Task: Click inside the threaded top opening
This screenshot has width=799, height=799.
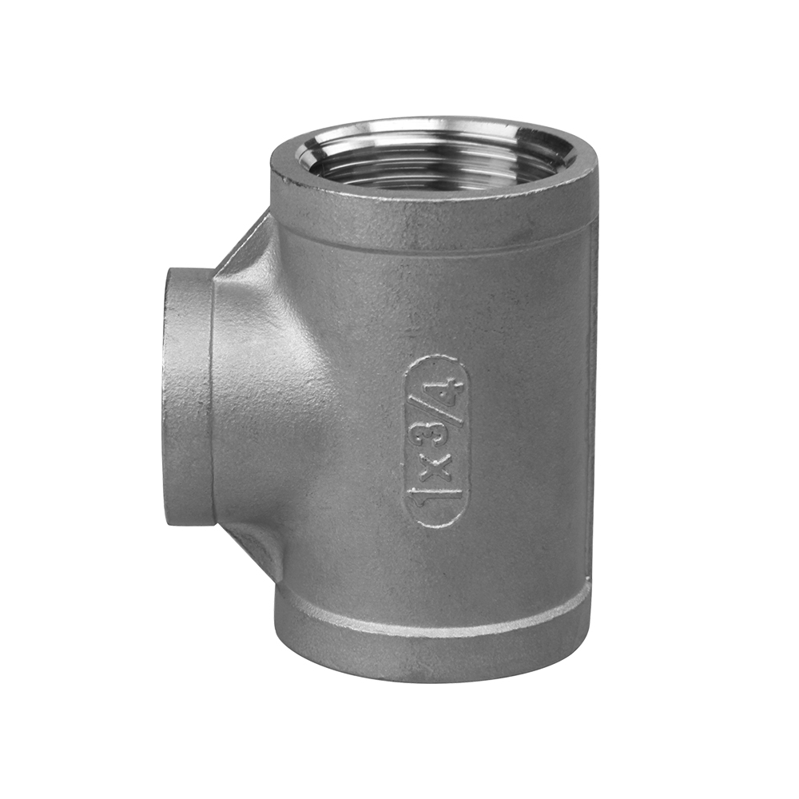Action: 433,164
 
